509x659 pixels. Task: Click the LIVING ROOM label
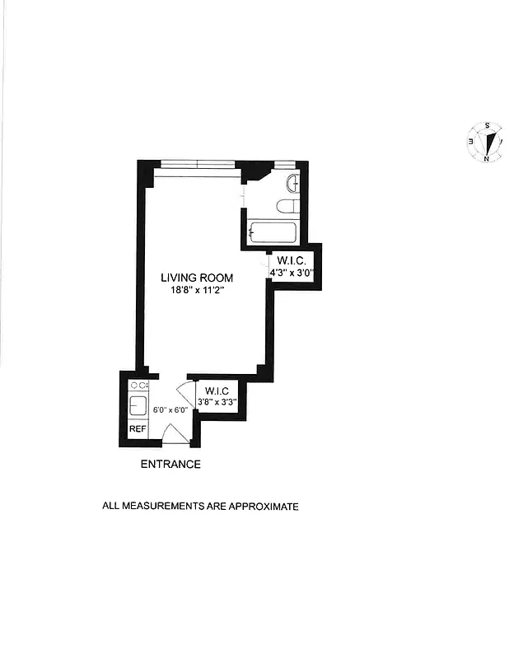tap(198, 278)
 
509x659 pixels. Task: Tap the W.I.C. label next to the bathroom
tap(292, 260)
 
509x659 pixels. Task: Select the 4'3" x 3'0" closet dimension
tap(293, 273)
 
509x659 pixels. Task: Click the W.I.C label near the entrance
tap(217, 390)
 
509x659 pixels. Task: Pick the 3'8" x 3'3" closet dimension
tap(217, 402)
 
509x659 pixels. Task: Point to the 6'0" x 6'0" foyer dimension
tap(170, 409)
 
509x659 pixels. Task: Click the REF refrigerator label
tap(137, 429)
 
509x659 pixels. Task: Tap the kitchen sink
tap(138, 405)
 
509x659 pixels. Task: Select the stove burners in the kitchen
tap(138, 385)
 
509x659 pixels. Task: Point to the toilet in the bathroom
tap(289, 206)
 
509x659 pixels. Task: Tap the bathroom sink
tap(293, 182)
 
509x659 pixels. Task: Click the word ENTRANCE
tap(170, 465)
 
